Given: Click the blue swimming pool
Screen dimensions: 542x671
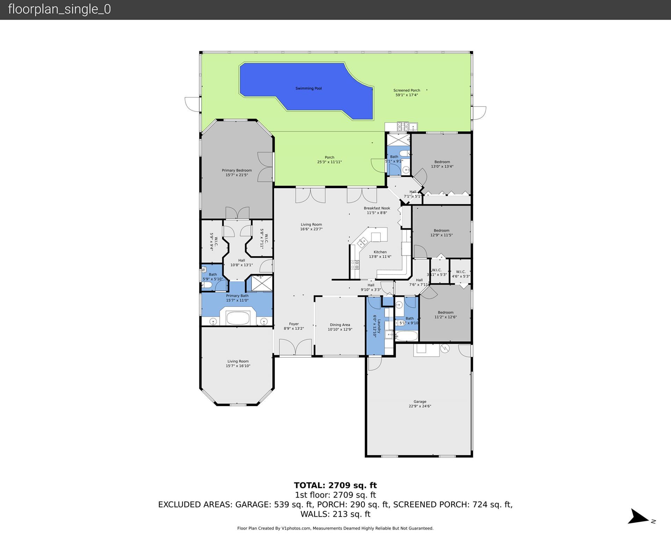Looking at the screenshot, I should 308,89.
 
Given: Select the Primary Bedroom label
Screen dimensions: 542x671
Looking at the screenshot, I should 237,173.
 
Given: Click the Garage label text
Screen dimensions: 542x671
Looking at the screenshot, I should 420,404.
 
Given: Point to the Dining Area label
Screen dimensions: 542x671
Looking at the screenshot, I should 340,327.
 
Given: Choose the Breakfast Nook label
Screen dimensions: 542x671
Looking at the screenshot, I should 377,210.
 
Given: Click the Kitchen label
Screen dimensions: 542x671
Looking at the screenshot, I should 380,254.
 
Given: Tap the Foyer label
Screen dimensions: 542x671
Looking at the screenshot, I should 294,326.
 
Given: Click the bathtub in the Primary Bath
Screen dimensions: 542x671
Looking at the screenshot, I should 238,318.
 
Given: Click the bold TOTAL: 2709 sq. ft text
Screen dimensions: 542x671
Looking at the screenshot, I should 335,485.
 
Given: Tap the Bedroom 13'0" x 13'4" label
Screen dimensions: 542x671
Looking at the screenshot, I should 442,164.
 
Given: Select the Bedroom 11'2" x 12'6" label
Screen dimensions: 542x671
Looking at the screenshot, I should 445,315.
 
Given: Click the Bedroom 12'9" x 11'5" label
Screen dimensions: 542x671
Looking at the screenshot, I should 441,233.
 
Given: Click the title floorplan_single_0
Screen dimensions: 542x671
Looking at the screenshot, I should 59,9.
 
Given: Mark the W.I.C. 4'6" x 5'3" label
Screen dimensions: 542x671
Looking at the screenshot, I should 461,274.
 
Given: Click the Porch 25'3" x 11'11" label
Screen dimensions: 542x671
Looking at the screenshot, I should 329,159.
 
